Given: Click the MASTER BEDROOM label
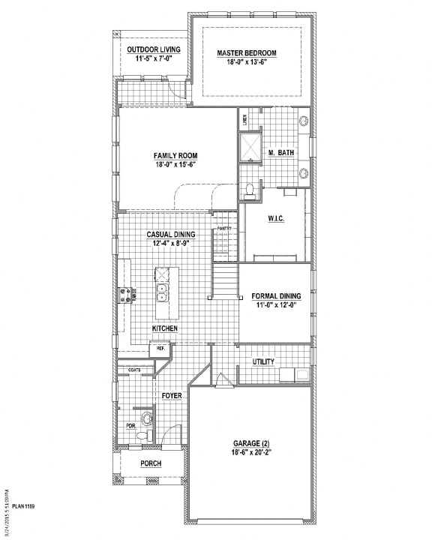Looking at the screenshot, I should [247, 52].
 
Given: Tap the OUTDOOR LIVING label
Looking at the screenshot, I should [154, 49].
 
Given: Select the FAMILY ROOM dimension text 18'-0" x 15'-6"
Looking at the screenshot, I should [176, 164].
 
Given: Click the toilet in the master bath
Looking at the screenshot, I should [250, 189].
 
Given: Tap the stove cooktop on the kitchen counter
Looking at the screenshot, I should [124, 294].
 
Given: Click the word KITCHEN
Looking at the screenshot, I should [164, 328].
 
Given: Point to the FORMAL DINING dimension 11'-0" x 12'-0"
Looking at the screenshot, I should [274, 305].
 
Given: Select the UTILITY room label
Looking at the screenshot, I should [263, 361].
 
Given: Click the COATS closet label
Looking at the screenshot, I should [135, 369].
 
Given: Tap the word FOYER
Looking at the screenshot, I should [172, 394].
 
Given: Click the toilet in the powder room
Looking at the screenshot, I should [145, 417].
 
